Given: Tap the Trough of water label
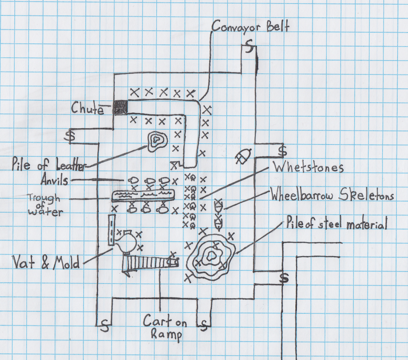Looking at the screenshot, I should (x=44, y=204).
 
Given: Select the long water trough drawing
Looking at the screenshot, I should (x=143, y=195).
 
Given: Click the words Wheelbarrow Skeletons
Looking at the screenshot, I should (x=332, y=196).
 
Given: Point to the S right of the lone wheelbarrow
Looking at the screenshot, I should (x=282, y=151).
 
